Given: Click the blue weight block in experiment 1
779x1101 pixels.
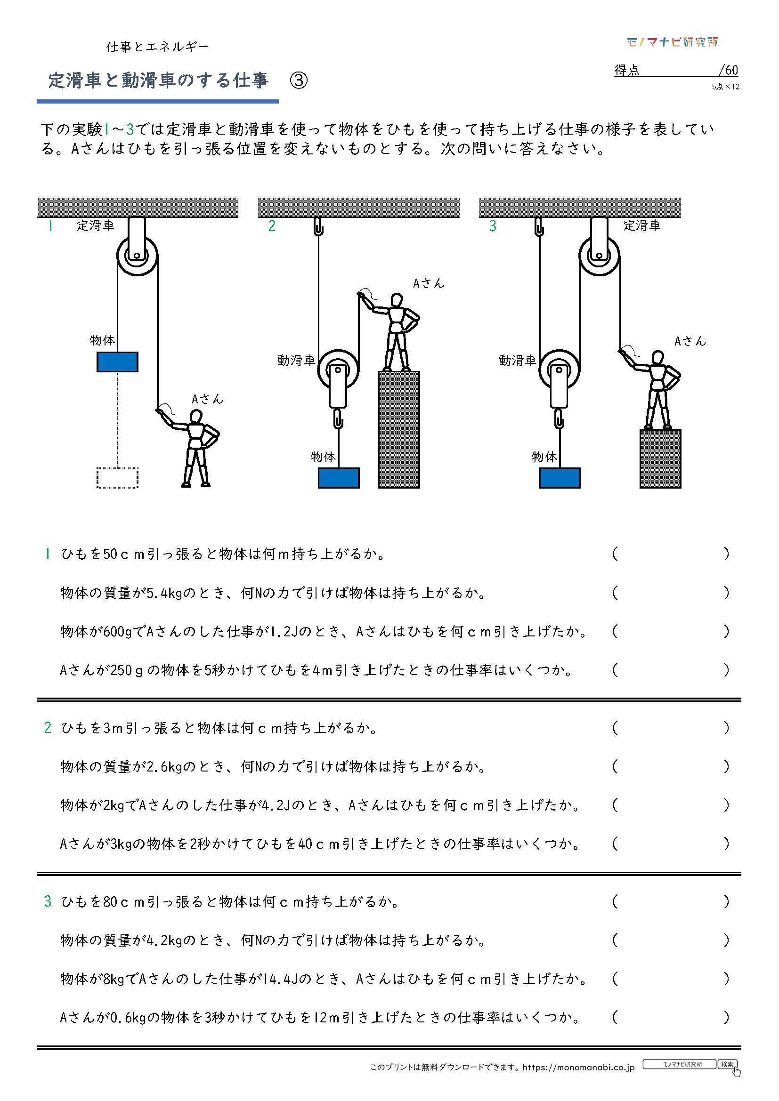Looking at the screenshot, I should coord(118,362).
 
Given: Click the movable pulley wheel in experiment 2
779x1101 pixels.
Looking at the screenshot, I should coord(338,369).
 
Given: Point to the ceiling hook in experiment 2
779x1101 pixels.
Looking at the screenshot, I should coord(318,227).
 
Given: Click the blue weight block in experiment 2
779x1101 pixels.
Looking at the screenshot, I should coord(339,478).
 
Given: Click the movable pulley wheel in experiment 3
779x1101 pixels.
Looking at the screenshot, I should coord(559,369).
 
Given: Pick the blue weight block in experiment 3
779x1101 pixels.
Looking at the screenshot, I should coord(560,478).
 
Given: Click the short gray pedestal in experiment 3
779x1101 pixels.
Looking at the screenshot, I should coord(660,458).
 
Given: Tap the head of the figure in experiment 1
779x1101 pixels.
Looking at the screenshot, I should coord(197,416).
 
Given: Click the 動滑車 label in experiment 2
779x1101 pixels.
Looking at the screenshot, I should coord(296,361).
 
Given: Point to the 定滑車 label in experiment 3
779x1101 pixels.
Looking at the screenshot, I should coord(642,225).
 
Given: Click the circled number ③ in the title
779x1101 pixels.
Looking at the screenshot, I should coord(298,80).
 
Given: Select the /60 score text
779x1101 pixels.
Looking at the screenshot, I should coord(728,71).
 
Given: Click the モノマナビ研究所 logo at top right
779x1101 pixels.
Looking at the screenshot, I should coord(672,42).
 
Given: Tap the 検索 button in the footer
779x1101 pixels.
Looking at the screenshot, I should coord(727,1064).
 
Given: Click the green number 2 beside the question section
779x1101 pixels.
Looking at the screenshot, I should coord(48,727).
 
